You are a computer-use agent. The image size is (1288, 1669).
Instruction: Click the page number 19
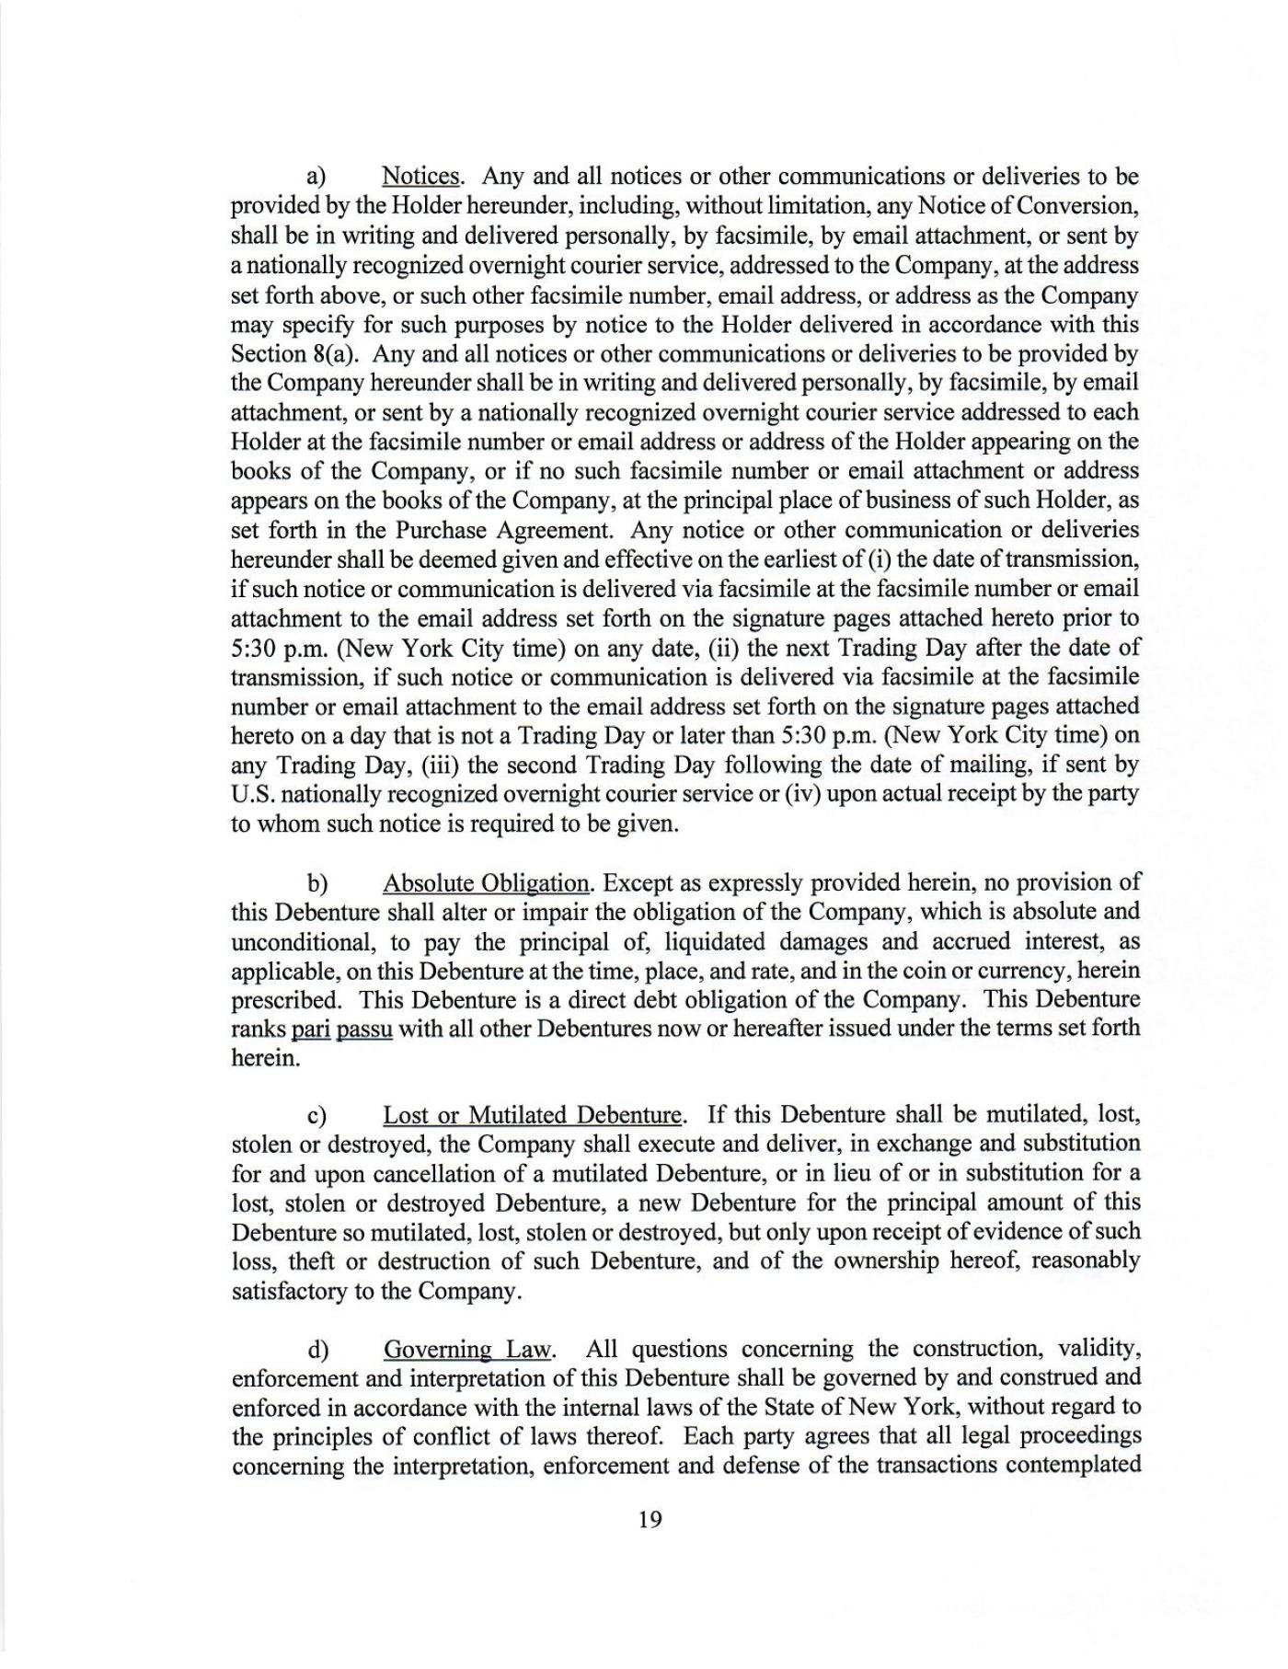point(649,1519)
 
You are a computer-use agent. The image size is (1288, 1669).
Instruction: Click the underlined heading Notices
point(420,176)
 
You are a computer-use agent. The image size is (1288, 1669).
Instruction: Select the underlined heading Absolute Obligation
point(486,882)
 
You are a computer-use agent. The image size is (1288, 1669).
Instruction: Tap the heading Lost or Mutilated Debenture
point(533,1115)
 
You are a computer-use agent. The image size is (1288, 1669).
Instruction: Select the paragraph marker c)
point(317,1116)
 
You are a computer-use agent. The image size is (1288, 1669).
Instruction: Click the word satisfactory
point(289,1291)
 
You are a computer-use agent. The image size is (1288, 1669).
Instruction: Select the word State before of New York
point(788,1408)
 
